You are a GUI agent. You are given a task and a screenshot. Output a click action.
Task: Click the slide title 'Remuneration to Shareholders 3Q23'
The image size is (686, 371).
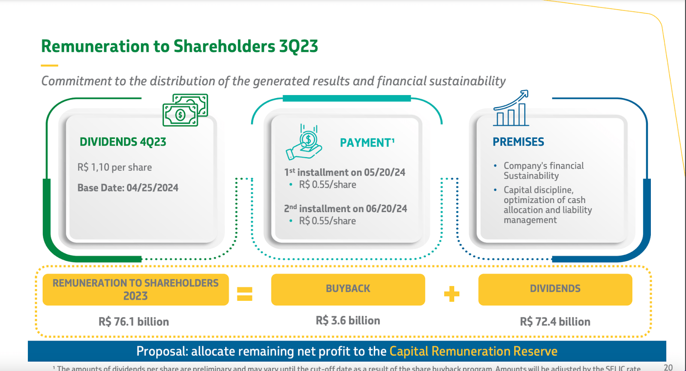(179, 46)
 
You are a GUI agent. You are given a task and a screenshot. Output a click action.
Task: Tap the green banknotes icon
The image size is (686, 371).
(185, 110)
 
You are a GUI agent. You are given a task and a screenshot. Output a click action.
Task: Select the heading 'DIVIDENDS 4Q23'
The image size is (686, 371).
(123, 142)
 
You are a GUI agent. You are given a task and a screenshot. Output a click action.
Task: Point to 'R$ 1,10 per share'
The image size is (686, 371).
(114, 167)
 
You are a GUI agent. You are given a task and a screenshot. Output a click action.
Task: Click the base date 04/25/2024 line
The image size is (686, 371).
(128, 188)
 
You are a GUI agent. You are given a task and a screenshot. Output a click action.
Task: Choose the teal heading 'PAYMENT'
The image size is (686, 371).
(367, 143)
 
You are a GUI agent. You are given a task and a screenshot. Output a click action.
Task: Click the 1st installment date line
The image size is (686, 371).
(345, 172)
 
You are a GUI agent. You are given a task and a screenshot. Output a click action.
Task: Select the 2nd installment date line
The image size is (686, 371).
(346, 209)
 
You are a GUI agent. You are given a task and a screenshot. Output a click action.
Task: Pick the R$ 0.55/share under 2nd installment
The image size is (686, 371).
(327, 221)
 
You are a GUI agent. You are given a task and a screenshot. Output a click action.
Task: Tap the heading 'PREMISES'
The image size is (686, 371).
(518, 142)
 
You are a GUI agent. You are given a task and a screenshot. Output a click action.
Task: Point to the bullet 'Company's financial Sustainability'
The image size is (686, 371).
(543, 171)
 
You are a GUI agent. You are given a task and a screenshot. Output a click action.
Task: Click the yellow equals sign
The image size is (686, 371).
(244, 294)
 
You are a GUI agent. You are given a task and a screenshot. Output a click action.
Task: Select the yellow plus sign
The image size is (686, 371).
(451, 294)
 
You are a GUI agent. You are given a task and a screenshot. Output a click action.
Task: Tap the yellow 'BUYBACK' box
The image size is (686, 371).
(348, 289)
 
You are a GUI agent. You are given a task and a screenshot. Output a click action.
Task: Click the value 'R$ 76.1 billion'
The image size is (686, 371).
(134, 322)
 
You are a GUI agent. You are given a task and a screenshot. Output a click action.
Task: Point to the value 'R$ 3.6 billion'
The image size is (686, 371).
(348, 320)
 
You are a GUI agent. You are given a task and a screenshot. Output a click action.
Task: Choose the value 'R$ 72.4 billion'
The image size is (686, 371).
(555, 322)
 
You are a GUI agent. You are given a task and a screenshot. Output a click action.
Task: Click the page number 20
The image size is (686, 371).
(668, 367)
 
